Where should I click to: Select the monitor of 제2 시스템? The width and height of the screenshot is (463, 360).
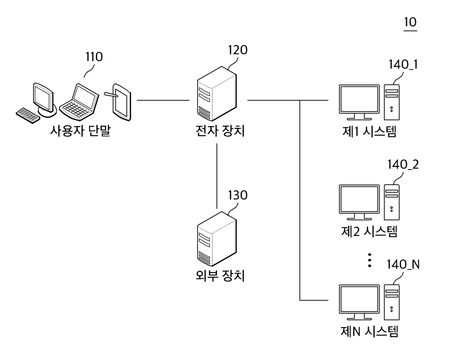pyautogui.click(x=360, y=201)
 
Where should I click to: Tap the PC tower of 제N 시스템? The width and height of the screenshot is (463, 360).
pyautogui.click(x=392, y=302)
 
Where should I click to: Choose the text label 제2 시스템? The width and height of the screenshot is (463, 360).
pyautogui.click(x=369, y=231)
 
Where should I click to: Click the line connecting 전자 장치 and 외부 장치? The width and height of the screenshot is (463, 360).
pyautogui.click(x=217, y=175)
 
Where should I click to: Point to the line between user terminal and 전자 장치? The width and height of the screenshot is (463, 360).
pyautogui.click(x=163, y=100)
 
